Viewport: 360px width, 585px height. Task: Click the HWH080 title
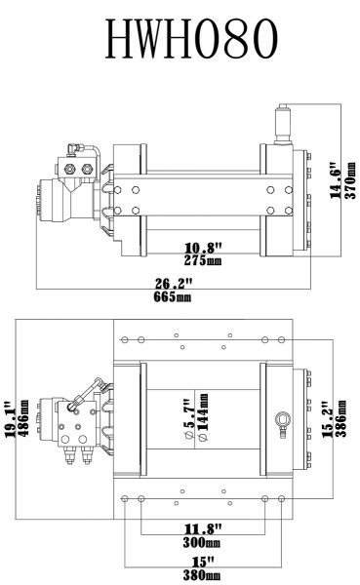[180, 42]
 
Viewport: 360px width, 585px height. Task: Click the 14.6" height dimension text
[336, 179]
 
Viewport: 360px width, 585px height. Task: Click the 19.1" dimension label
[9, 414]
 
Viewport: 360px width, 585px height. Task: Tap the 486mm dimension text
[21, 414]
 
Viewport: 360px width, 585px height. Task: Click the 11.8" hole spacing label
[203, 530]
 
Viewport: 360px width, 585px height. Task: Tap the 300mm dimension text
[203, 542]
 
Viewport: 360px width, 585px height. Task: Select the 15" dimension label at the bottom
[203, 563]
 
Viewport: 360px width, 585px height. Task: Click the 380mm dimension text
[203, 574]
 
